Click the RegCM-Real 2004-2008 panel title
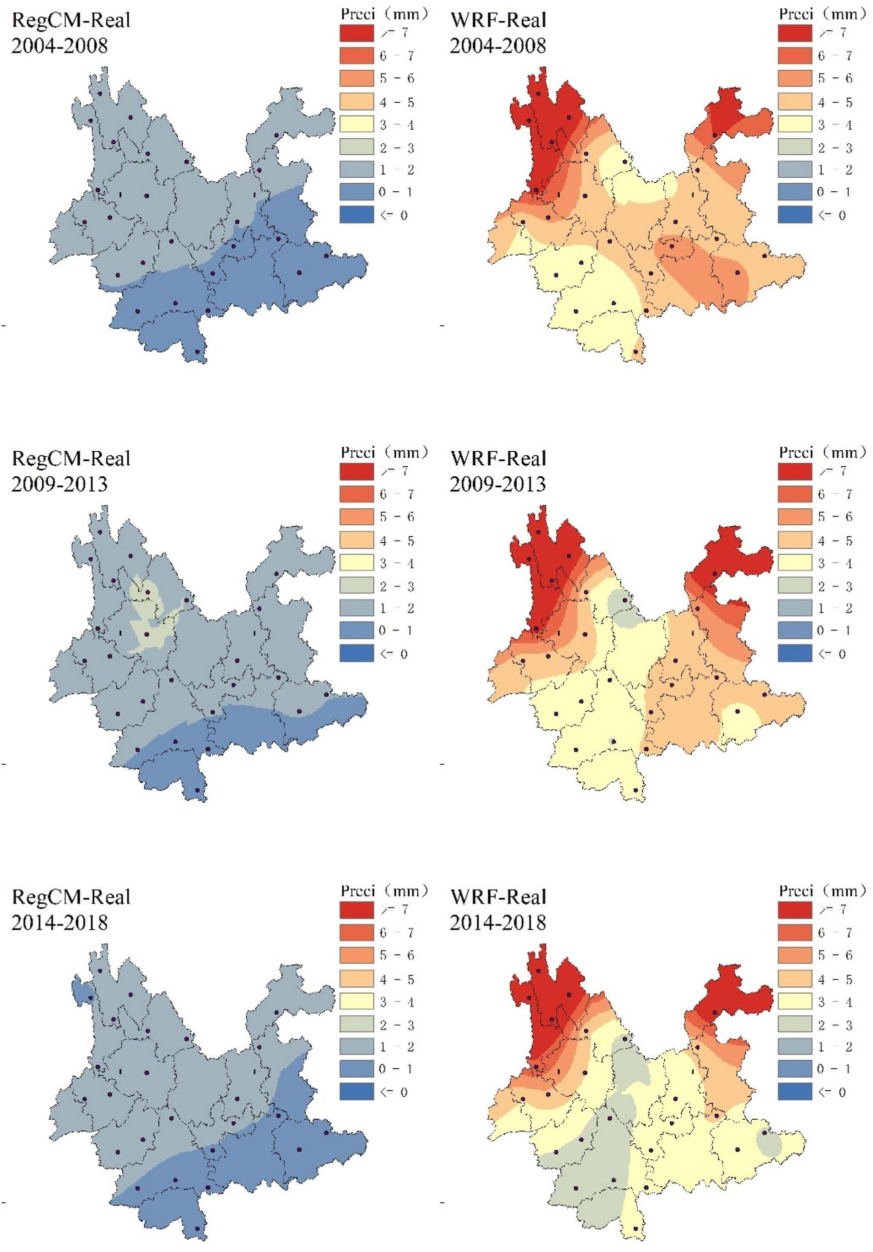[x=71, y=33]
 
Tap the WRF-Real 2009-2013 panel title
[x=498, y=471]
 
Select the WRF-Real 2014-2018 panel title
[x=498, y=909]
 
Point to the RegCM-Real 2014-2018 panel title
[x=71, y=909]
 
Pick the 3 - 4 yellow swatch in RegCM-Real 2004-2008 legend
[x=357, y=124]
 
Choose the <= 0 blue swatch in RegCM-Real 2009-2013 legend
[x=357, y=653]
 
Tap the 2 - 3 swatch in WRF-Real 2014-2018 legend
[x=794, y=1025]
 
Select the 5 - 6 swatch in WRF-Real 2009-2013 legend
[x=794, y=517]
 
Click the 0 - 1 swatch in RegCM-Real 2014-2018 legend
[x=357, y=1069]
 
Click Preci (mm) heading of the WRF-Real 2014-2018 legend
[x=822, y=890]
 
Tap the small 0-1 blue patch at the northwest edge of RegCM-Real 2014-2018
[x=80, y=990]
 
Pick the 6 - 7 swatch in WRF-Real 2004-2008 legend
[x=794, y=56]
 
